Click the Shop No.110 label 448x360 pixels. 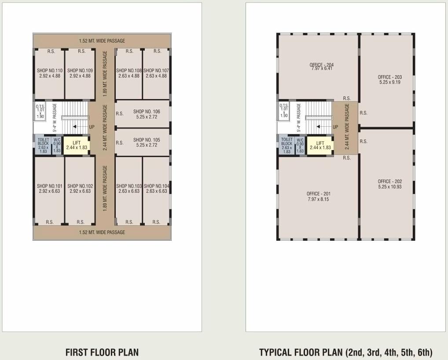[x=49, y=73]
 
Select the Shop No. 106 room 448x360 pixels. [x=142, y=114]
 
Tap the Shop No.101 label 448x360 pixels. [x=49, y=189]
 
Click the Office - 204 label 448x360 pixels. [x=321, y=67]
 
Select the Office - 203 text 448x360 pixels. [x=389, y=80]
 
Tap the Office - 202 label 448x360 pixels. [x=389, y=184]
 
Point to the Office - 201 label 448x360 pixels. [x=318, y=196]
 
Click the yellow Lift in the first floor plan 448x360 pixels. [x=77, y=145]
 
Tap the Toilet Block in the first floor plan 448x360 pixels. [x=43, y=145]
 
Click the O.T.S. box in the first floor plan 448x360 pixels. [x=40, y=111]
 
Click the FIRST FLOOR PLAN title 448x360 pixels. [x=102, y=352]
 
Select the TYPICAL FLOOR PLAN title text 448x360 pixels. [x=345, y=352]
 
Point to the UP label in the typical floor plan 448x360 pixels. [x=335, y=127]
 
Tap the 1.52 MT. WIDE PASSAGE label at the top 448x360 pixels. [x=102, y=41]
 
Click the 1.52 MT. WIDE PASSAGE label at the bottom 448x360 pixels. [x=102, y=232]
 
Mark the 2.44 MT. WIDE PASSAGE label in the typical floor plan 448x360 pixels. [x=347, y=127]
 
